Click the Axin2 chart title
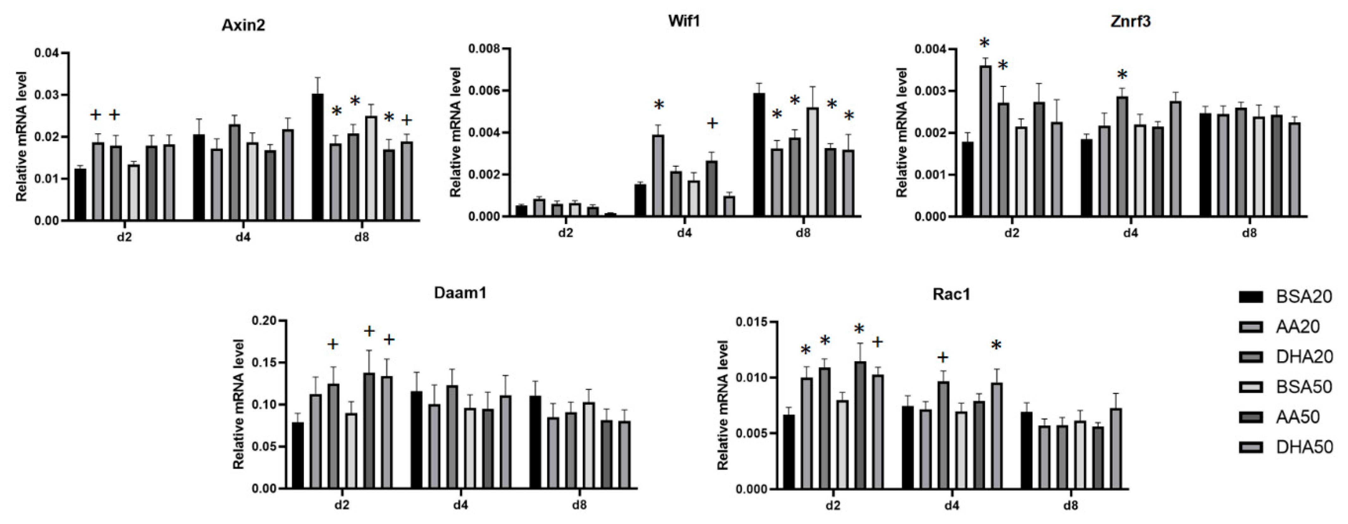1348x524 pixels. [x=243, y=25]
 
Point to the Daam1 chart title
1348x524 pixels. [x=460, y=293]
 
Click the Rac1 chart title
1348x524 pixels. [x=951, y=294]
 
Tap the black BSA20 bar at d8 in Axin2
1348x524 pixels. [x=318, y=157]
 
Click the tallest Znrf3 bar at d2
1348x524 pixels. [x=985, y=141]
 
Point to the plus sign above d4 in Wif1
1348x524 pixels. [x=712, y=123]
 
